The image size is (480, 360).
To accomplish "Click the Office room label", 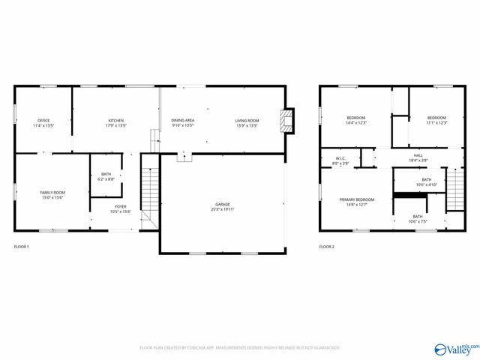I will point(43,123).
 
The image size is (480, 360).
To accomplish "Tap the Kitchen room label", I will point(116,123).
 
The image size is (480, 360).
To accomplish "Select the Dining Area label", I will point(183,123).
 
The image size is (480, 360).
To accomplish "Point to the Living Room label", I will point(247,123).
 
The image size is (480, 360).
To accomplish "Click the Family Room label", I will point(52,195).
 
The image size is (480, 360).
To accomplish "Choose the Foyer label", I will point(121,209).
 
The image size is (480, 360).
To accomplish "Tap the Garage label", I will point(223,206).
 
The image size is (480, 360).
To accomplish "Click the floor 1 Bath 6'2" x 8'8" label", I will point(106,177).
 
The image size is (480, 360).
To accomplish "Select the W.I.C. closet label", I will point(340,160).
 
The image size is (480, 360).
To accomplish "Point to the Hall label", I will point(418,157).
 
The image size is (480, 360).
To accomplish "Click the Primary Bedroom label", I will point(356,202).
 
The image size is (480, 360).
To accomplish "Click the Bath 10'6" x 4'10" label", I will point(426,181).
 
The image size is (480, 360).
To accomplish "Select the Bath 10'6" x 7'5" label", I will point(418,219).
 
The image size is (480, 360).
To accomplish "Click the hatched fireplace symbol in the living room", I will point(286,119).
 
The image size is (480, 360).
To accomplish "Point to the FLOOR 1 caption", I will point(22,246).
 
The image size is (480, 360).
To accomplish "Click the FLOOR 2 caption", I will point(327,246).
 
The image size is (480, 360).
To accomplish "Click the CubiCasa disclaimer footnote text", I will point(239,347).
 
